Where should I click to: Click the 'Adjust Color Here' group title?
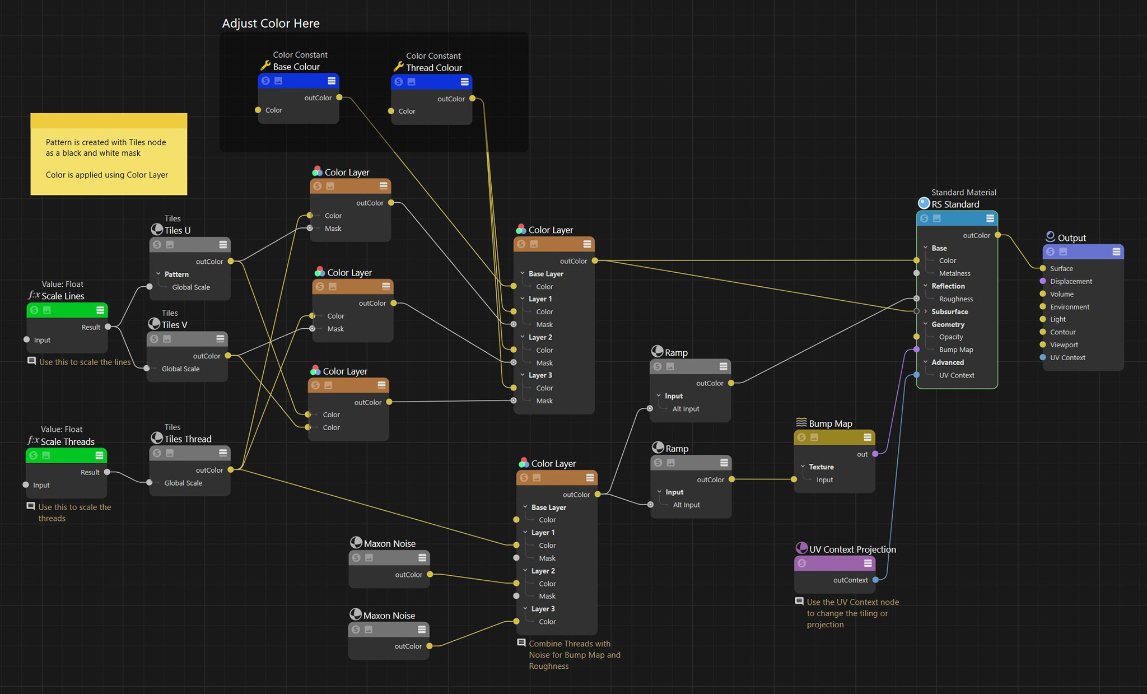pyautogui.click(x=271, y=24)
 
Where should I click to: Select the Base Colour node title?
pyautogui.click(x=296, y=67)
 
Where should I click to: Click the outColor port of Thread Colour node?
pyautogui.click(x=472, y=99)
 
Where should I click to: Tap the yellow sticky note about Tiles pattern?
pyautogui.click(x=109, y=154)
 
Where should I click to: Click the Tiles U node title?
pyautogui.click(x=178, y=230)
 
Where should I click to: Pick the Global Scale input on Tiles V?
pyautogui.click(x=147, y=369)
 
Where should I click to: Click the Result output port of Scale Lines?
pyautogui.click(x=108, y=327)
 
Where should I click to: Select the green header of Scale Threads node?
pyautogui.click(x=66, y=455)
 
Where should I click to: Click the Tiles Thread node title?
pyautogui.click(x=188, y=439)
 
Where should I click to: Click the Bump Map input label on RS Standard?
pyautogui.click(x=956, y=350)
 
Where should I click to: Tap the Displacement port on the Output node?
pyautogui.click(x=1043, y=281)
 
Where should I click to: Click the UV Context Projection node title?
pyautogui.click(x=852, y=549)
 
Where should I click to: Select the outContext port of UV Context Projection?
pyautogui.click(x=875, y=580)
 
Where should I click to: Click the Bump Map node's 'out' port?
pyautogui.click(x=875, y=454)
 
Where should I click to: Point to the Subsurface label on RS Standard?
pyautogui.click(x=949, y=311)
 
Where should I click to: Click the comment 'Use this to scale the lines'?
pyautogui.click(x=85, y=362)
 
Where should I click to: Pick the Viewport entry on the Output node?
pyautogui.click(x=1064, y=345)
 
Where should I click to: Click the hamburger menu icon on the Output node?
pyautogui.click(x=1116, y=252)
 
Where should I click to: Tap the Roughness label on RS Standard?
pyautogui.click(x=956, y=299)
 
